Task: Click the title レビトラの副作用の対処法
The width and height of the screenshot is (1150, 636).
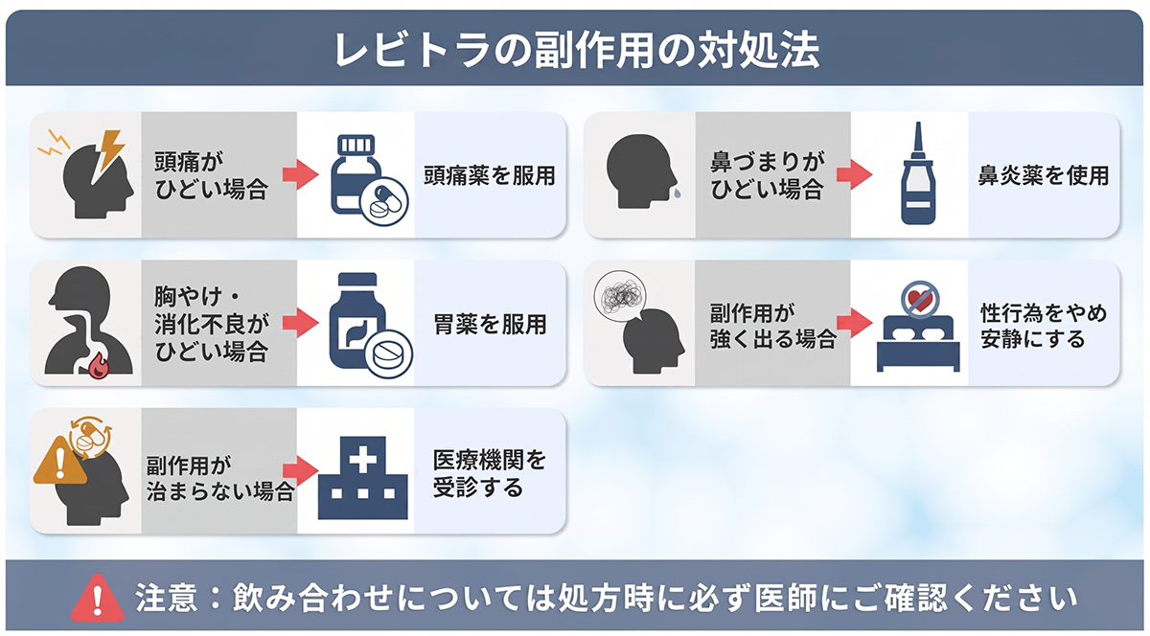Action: click(576, 50)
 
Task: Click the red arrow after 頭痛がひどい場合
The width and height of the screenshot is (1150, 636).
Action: click(301, 176)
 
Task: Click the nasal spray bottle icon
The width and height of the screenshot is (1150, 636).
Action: click(917, 175)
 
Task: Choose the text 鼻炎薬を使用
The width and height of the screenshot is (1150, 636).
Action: click(1043, 176)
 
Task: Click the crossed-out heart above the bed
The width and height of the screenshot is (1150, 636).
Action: click(917, 297)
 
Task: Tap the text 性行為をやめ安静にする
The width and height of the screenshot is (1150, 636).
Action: click(1043, 326)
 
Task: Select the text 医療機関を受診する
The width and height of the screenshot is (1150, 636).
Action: click(489, 473)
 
